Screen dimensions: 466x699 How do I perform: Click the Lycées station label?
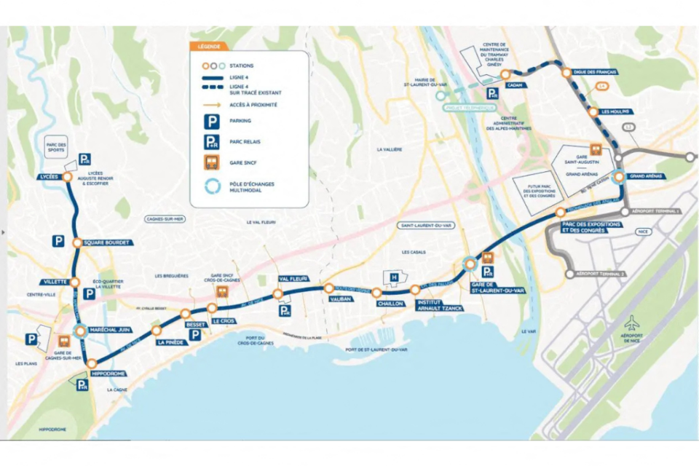(x=47, y=177)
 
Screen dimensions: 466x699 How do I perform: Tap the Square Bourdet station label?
(x=107, y=242)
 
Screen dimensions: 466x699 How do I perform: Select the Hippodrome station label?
(x=108, y=374)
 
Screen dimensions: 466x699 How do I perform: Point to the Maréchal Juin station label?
(x=109, y=330)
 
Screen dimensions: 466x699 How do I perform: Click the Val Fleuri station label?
(x=294, y=279)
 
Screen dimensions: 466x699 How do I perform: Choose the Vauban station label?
(x=340, y=299)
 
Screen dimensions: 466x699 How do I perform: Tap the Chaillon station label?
(x=390, y=304)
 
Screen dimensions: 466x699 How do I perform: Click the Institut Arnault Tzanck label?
(x=436, y=304)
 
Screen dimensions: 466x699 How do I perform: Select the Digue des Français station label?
(x=595, y=73)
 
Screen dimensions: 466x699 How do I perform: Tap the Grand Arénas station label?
(x=645, y=176)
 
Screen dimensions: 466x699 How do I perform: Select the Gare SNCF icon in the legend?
(x=211, y=162)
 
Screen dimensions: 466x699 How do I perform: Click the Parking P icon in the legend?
(x=211, y=121)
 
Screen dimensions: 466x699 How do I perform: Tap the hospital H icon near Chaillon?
(x=394, y=277)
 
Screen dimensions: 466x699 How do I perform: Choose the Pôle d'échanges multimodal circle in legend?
(x=211, y=186)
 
